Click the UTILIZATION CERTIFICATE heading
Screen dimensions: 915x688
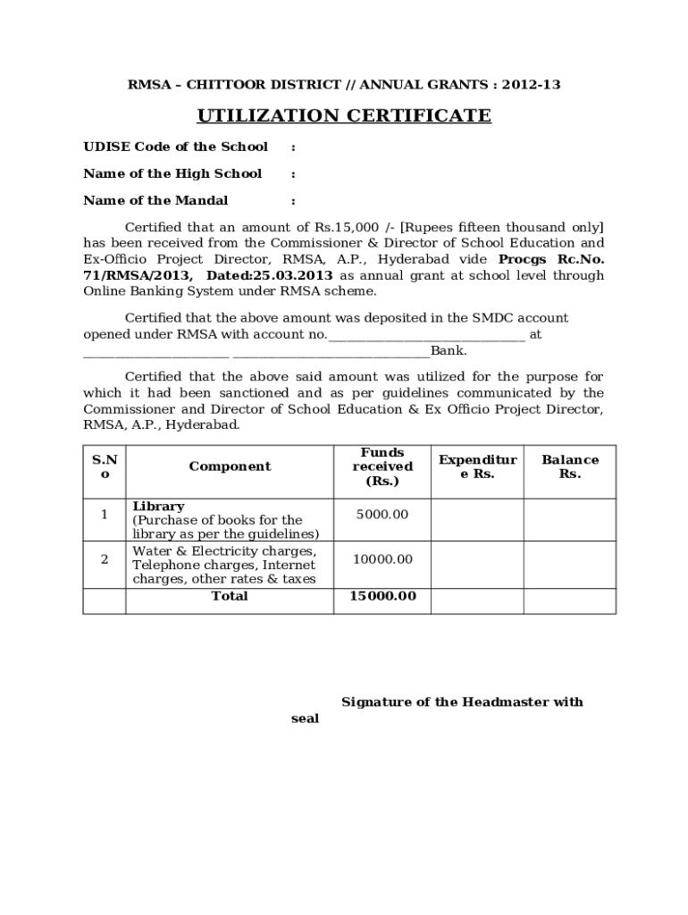pos(344,116)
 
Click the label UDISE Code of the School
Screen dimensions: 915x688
pos(175,147)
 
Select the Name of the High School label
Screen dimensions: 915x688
pos(172,173)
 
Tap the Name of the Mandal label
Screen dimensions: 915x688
pos(155,200)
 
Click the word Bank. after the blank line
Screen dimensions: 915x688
pos(449,350)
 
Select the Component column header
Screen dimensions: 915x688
pos(230,466)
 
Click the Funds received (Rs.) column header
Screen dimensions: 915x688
pos(382,466)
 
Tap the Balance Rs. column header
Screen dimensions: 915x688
pos(570,466)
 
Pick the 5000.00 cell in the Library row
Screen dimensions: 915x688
pos(382,514)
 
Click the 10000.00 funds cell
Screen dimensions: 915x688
pos(382,558)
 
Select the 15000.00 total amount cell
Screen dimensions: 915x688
pos(382,596)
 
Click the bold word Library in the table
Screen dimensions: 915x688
pos(158,506)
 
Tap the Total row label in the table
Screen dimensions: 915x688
pos(230,596)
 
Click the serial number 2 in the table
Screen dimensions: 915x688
pos(105,559)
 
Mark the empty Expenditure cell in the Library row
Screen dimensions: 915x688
pos(477,519)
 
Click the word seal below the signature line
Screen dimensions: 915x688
pos(305,718)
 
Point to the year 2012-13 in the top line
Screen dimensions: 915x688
pos(531,85)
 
